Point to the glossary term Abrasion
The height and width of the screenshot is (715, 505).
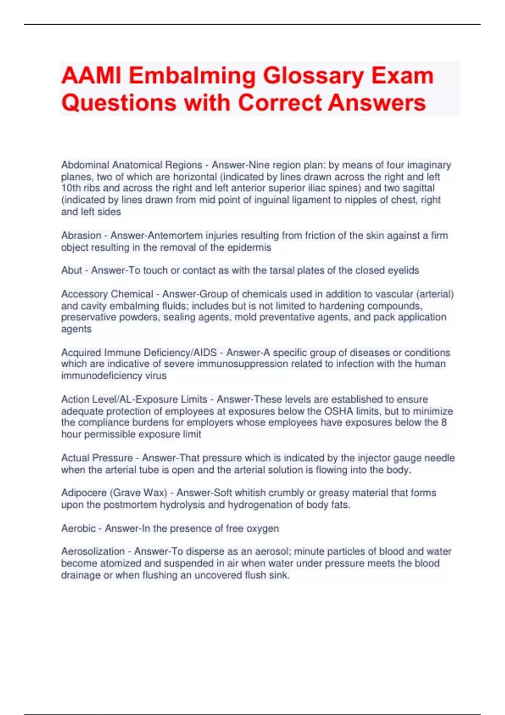pyautogui.click(x=81, y=236)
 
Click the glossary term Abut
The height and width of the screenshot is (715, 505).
pyautogui.click(x=72, y=270)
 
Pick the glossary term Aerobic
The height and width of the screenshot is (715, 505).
pyautogui.click(x=78, y=528)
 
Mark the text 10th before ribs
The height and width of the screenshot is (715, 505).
pyautogui.click(x=71, y=188)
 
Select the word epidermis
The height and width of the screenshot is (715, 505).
pyautogui.click(x=249, y=247)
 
